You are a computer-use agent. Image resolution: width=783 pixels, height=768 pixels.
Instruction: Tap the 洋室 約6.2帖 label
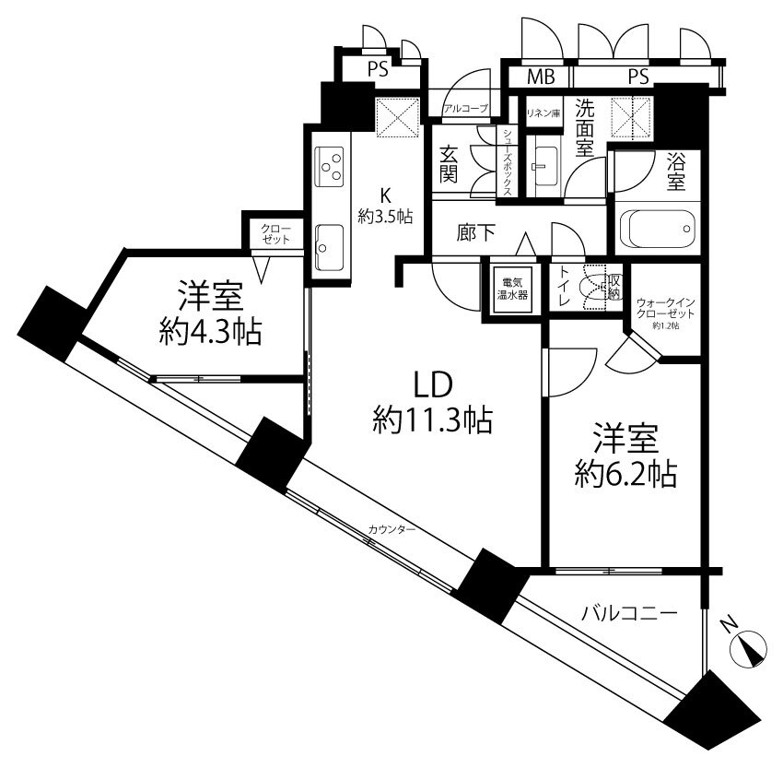[x=625, y=455]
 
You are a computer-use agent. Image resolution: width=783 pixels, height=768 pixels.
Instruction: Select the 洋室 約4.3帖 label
[x=211, y=313]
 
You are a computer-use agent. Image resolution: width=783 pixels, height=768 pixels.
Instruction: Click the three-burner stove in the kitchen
[x=330, y=166]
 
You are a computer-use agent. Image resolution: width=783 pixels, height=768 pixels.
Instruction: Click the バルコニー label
[x=629, y=612]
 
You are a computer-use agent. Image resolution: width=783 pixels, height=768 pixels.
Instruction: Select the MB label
[x=542, y=77]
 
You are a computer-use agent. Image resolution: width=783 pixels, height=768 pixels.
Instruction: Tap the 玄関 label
[x=449, y=163]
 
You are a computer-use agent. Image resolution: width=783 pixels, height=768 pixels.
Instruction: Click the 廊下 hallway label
[x=476, y=232]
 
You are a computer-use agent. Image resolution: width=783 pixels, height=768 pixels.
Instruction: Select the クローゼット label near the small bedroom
[x=275, y=234]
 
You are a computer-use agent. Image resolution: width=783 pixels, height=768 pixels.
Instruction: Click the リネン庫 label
[x=543, y=113]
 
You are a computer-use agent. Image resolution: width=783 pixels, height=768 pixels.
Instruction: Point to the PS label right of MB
[x=638, y=77]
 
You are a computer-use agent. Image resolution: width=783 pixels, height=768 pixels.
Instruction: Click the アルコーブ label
[x=465, y=109]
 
